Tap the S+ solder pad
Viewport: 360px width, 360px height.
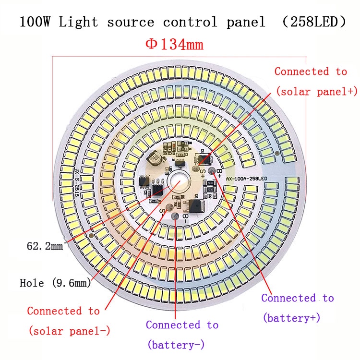point(196,168)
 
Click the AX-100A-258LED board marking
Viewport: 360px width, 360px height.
point(246,179)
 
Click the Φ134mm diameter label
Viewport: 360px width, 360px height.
point(174,45)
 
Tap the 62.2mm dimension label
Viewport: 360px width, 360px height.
point(45,247)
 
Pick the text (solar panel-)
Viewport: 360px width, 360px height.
point(70,331)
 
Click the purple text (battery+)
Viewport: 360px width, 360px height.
point(291,318)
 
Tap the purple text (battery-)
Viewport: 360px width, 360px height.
point(176,345)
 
